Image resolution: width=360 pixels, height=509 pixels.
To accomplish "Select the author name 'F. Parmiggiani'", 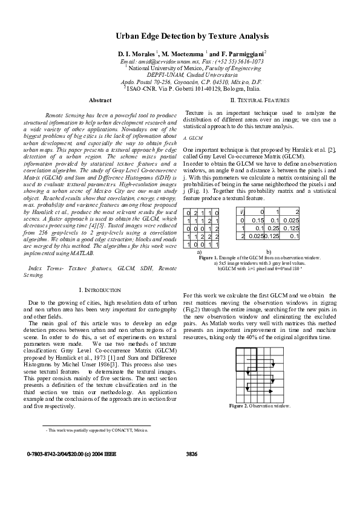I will (x=249, y=54).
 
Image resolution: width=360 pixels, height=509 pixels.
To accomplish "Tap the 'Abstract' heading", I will (x=100, y=100).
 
